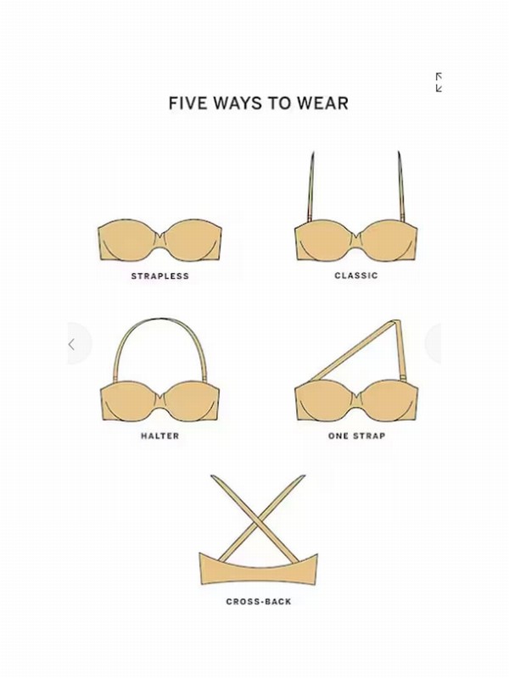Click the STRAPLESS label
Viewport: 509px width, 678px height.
160,276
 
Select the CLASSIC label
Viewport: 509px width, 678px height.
356,275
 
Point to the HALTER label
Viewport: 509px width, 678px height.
159,436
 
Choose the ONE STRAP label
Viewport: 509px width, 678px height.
356,436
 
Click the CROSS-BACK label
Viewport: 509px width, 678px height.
259,602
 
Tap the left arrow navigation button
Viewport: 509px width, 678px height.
72,344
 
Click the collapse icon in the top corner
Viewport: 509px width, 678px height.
439,82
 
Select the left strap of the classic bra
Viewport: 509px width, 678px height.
311,186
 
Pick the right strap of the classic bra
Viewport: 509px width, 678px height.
400,186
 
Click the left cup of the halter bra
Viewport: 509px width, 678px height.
130,400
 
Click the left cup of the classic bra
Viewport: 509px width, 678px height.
326,240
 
